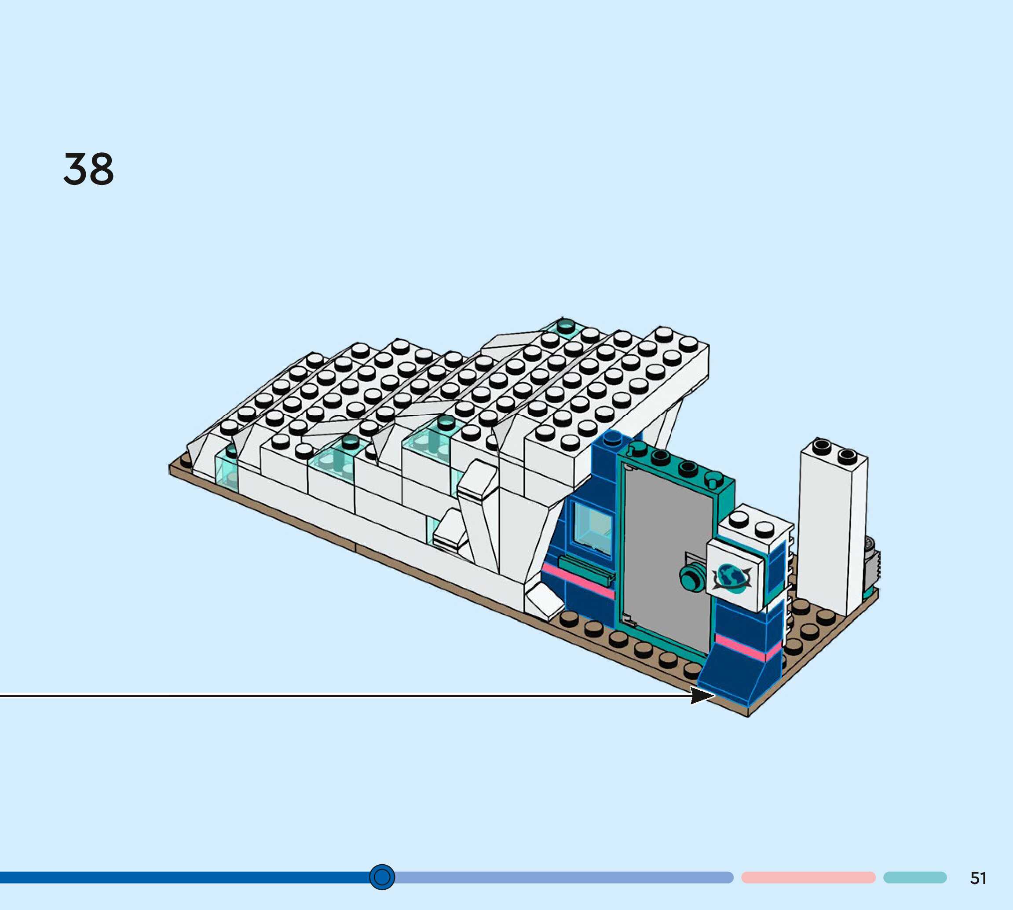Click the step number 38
(88, 169)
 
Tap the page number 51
(979, 878)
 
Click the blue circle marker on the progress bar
(382, 877)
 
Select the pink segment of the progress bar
(808, 877)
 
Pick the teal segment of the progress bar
(915, 877)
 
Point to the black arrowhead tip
(715, 695)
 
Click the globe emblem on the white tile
(732, 578)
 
